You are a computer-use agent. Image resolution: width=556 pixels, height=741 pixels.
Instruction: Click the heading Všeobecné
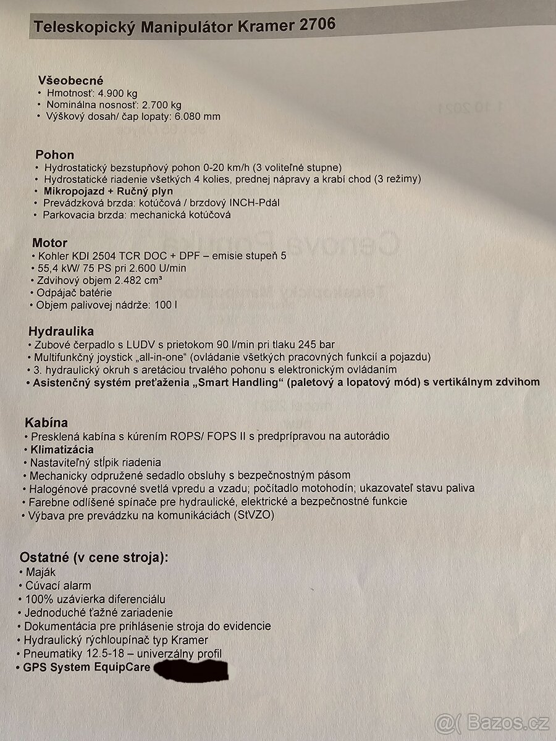[70, 80]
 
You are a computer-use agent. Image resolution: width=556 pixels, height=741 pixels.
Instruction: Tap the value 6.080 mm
[198, 116]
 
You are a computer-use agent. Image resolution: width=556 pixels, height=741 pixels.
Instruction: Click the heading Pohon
[55, 154]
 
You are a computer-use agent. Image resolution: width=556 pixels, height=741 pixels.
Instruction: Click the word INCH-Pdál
[249, 203]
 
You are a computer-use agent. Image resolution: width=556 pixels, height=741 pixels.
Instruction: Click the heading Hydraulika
[61, 332]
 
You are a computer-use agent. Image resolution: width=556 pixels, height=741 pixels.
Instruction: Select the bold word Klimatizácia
[62, 449]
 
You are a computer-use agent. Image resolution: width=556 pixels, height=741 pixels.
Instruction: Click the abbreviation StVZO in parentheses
[253, 514]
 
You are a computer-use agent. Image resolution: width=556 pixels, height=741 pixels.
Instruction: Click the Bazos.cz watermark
[494, 721]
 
